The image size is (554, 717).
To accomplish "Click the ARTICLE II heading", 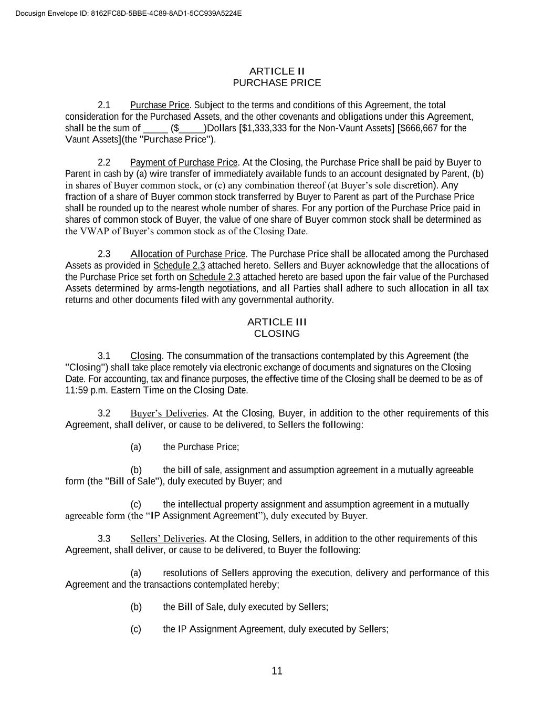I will pos(277,71).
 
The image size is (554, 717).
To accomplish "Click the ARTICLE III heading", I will pos(277,322).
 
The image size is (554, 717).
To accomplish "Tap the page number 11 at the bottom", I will pos(277,671).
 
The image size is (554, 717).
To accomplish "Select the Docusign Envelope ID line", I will pos(129,13).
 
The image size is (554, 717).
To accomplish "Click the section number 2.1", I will pos(104,105).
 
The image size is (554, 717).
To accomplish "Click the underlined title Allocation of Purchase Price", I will pos(188,254).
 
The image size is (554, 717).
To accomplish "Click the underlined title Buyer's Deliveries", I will pos(168,413).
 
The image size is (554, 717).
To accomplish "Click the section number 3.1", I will pos(104,356).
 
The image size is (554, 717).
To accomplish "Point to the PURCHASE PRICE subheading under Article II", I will pos(277,82).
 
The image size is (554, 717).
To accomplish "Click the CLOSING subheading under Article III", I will pos(277,334).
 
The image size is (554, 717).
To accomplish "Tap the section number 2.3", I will pos(104,254).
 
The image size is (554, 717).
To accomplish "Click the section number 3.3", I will pos(104,539).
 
